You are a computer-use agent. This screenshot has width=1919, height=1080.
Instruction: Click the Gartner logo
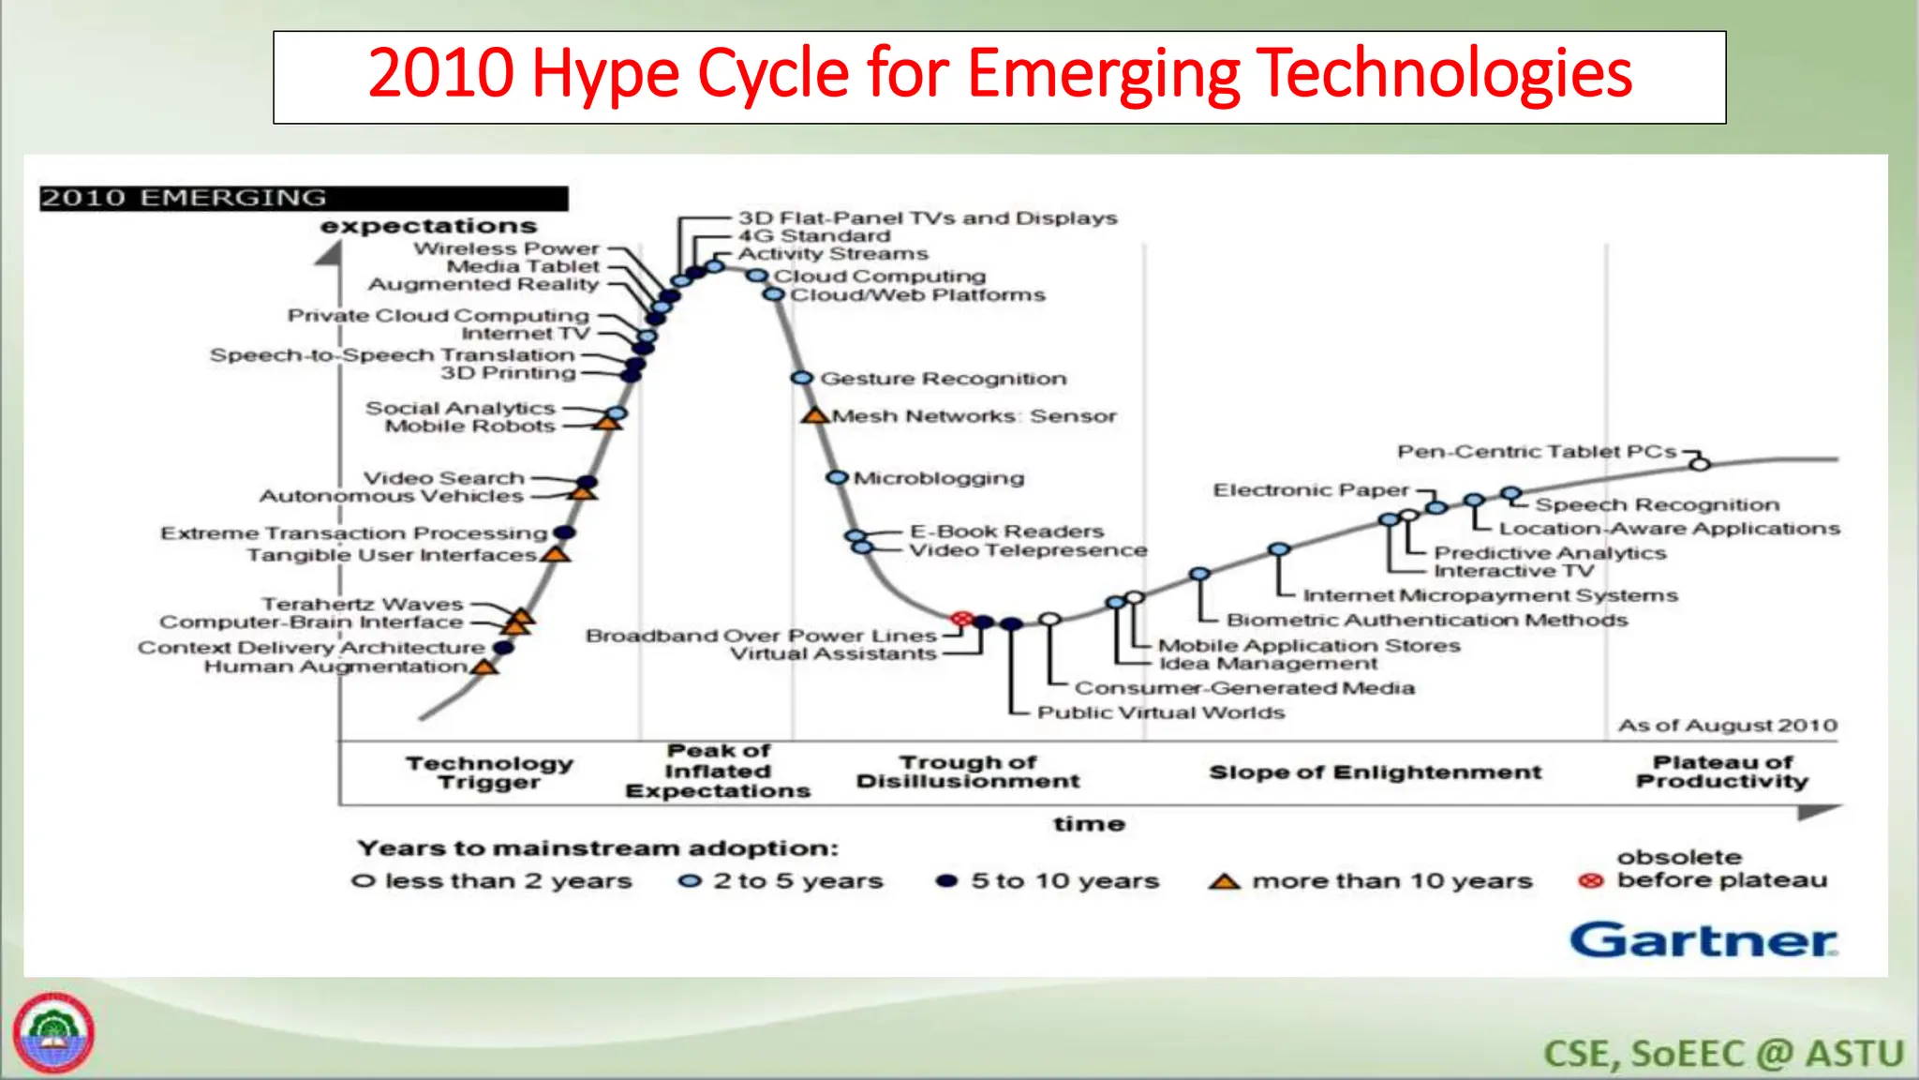pyautogui.click(x=1703, y=940)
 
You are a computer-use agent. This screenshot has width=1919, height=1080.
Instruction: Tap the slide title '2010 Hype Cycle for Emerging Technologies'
pyautogui.click(x=999, y=75)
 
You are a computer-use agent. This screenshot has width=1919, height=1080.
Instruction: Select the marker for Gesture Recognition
pyautogui.click(x=801, y=378)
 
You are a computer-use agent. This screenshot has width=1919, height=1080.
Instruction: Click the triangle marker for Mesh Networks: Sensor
pyautogui.click(x=814, y=415)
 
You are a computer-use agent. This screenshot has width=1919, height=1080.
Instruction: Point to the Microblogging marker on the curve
pyautogui.click(x=836, y=477)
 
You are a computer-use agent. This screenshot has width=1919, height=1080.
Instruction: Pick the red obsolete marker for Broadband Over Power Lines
pyautogui.click(x=961, y=619)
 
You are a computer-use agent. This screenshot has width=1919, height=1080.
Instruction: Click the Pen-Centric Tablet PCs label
pyautogui.click(x=1537, y=452)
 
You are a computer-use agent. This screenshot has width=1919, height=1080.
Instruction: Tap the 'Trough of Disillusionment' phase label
pyautogui.click(x=968, y=772)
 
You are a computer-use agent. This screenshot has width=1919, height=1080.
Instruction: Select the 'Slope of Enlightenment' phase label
pyautogui.click(x=1375, y=772)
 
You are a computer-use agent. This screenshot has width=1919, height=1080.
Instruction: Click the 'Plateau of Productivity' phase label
pyautogui.click(x=1722, y=772)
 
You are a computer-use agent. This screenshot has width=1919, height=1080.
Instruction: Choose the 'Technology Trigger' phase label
pyautogui.click(x=489, y=772)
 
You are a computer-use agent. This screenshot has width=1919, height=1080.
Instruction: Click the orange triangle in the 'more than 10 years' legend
pyautogui.click(x=1224, y=882)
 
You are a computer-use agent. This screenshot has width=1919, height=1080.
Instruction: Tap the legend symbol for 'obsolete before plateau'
pyautogui.click(x=1590, y=881)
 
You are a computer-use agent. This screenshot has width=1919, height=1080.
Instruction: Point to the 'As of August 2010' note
pyautogui.click(x=1727, y=726)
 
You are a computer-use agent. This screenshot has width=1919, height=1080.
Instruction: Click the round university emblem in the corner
pyautogui.click(x=53, y=1032)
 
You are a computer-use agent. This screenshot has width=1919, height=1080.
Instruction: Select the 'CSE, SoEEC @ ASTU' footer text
pyautogui.click(x=1723, y=1054)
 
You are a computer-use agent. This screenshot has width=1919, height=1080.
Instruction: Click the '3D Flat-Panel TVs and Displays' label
pyautogui.click(x=928, y=218)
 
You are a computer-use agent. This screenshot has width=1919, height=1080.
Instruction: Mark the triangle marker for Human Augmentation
pyautogui.click(x=484, y=667)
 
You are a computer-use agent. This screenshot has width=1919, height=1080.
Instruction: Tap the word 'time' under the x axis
pyautogui.click(x=1088, y=824)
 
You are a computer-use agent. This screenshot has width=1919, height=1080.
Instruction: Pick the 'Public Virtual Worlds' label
pyautogui.click(x=1160, y=712)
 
